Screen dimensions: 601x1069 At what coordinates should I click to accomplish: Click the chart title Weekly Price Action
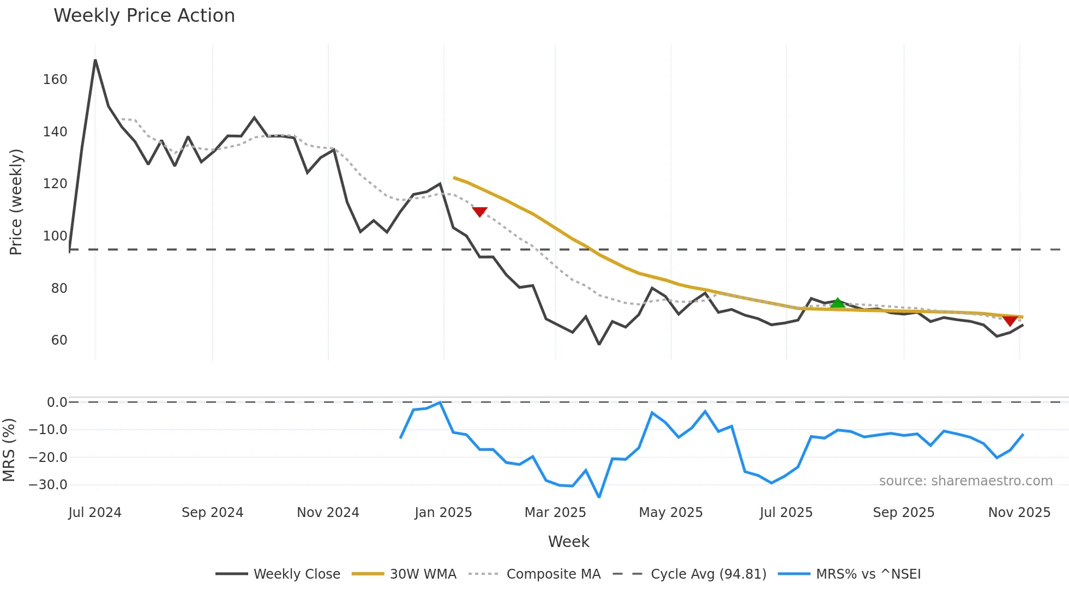(144, 16)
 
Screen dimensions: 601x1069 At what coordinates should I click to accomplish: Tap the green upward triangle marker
(837, 303)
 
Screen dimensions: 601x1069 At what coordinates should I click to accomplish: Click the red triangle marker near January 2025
(479, 212)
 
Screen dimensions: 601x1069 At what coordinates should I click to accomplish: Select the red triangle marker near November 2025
(1010, 321)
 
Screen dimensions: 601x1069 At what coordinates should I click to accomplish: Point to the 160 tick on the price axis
(55, 80)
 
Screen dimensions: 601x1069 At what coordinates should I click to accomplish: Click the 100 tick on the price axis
(55, 236)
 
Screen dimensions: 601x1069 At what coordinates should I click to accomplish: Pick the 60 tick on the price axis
(59, 340)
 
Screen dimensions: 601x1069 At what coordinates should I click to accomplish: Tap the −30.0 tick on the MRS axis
(48, 485)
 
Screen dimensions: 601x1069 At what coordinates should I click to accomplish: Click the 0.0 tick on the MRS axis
(57, 402)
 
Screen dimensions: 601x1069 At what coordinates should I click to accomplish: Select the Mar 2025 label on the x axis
(555, 513)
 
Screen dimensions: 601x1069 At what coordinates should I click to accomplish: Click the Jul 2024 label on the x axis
(95, 513)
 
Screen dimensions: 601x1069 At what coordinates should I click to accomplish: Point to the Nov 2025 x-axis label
(1019, 513)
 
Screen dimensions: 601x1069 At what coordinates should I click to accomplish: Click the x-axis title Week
(568, 542)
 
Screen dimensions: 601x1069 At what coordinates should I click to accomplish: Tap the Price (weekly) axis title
(16, 202)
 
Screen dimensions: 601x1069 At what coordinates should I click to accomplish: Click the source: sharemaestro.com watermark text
(965, 481)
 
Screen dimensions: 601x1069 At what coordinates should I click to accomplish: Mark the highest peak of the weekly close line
(95, 60)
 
